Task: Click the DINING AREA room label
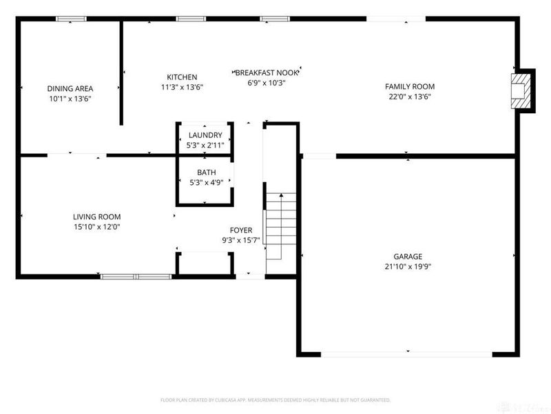70,88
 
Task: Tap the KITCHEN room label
182,77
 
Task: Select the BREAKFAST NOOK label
266,72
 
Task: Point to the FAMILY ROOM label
410,86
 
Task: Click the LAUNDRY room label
205,135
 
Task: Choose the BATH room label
205,172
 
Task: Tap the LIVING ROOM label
96,217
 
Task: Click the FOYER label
240,230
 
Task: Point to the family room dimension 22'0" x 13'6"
410,97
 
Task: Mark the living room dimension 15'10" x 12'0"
96,227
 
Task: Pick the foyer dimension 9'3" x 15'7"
240,240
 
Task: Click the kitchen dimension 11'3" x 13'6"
182,87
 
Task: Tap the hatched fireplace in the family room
521,89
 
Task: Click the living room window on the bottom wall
136,277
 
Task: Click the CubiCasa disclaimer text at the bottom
275,400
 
